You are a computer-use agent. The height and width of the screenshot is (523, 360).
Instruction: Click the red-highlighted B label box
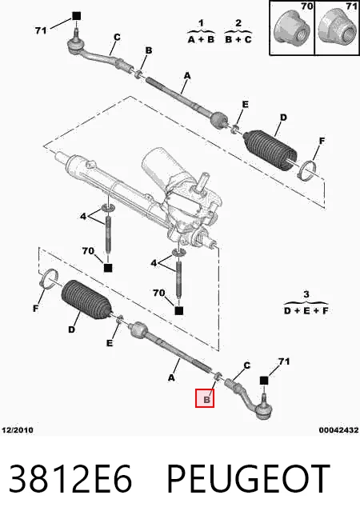pyautogui.click(x=205, y=398)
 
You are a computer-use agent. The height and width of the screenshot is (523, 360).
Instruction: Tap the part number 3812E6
pyautogui.click(x=70, y=479)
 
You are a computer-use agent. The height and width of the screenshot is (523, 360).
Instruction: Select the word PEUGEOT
pyautogui.click(x=249, y=479)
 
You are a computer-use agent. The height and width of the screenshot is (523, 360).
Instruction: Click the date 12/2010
pyautogui.click(x=18, y=430)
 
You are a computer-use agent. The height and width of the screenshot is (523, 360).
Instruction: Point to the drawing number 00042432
pyautogui.click(x=338, y=430)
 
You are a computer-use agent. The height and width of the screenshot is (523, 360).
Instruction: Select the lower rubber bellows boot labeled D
pyautogui.click(x=86, y=300)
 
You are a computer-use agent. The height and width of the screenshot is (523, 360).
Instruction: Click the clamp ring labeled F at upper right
pyautogui.click(x=307, y=170)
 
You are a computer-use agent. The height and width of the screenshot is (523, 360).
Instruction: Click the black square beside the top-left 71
pyautogui.click(x=77, y=16)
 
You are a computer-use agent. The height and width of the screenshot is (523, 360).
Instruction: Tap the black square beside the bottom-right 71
pyautogui.click(x=264, y=380)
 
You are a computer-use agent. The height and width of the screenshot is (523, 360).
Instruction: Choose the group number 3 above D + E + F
pyautogui.click(x=306, y=294)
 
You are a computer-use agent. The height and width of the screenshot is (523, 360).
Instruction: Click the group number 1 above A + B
pyautogui.click(x=201, y=23)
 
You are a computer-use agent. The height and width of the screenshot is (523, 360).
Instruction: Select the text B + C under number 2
pyautogui.click(x=238, y=39)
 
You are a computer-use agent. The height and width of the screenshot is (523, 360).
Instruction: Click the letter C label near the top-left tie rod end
pyautogui.click(x=117, y=38)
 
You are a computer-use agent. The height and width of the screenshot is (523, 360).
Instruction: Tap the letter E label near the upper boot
pyautogui.click(x=246, y=105)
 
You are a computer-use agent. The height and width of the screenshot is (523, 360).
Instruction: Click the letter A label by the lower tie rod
pyautogui.click(x=171, y=378)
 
